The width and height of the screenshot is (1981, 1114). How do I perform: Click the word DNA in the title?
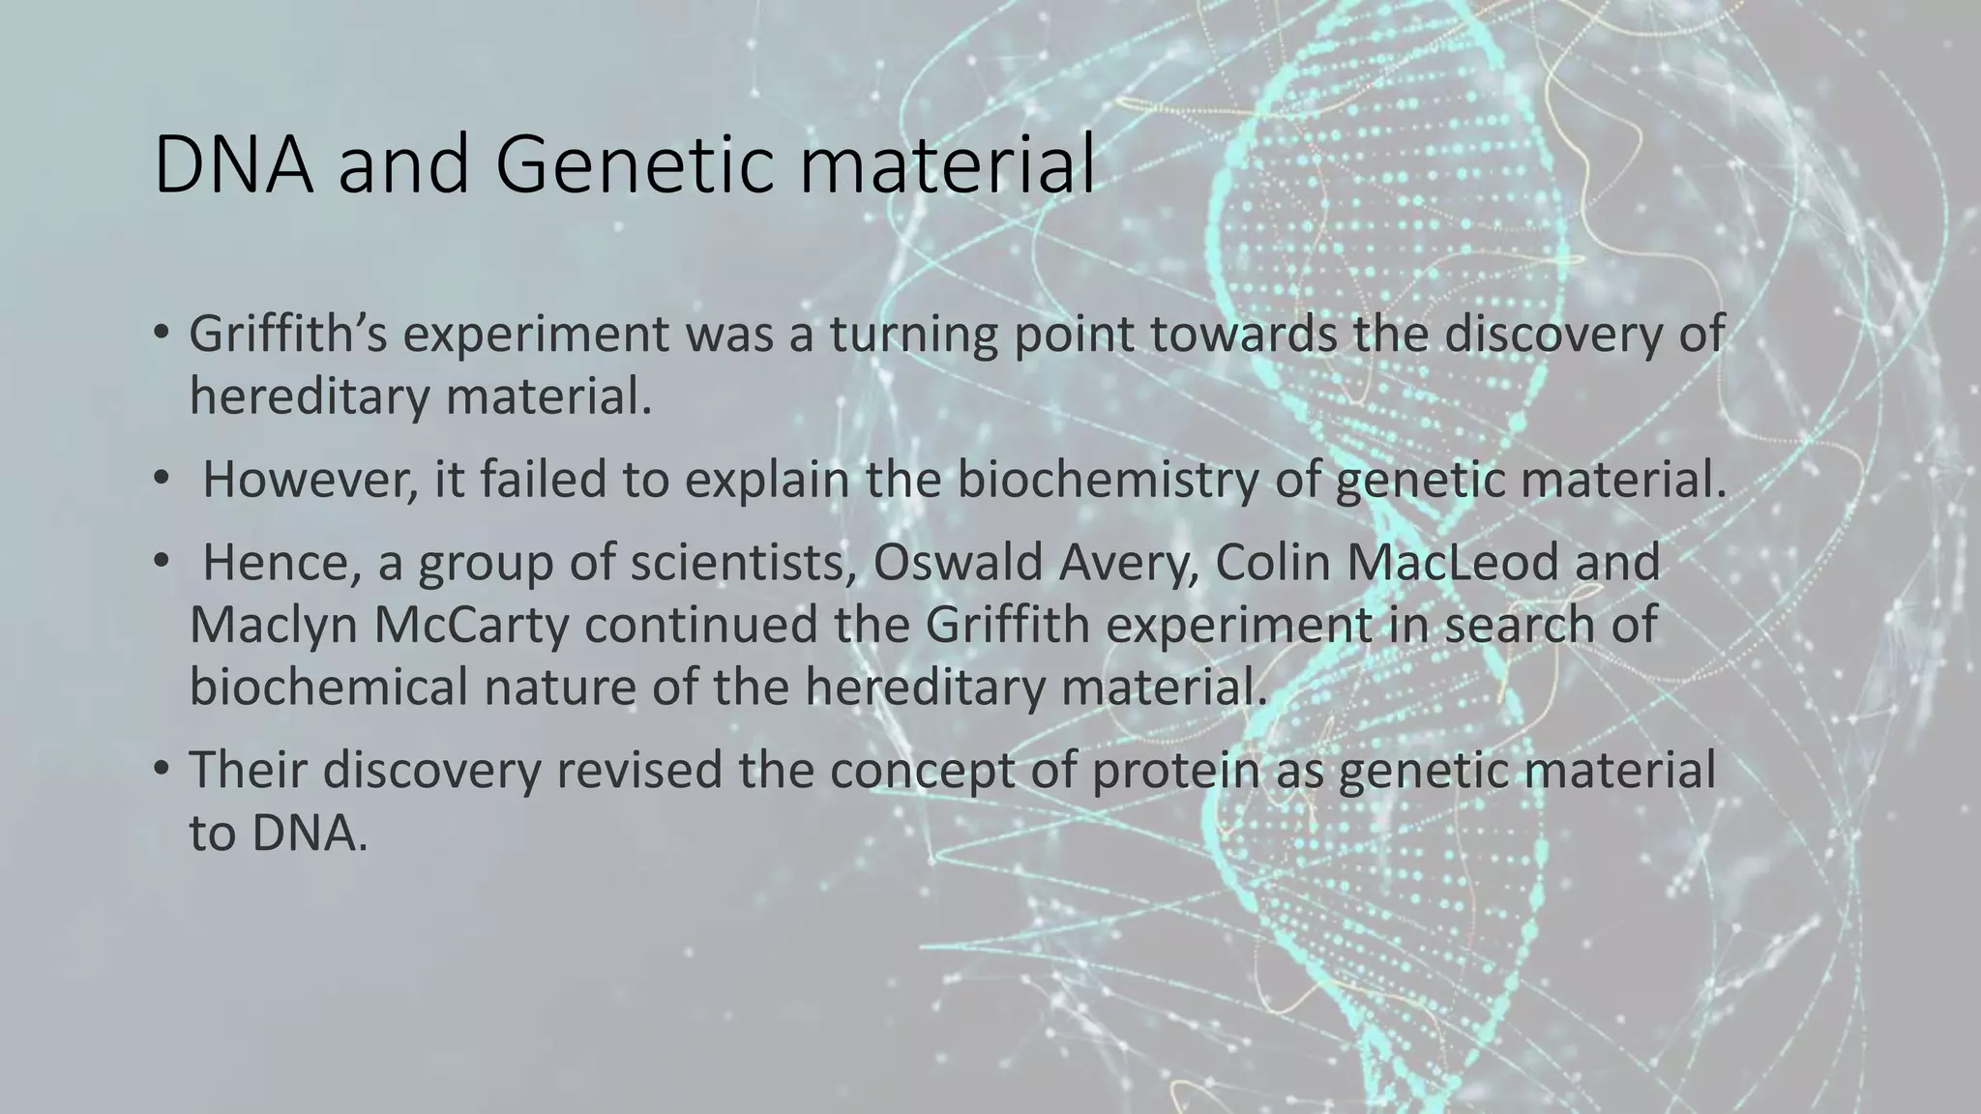[x=232, y=166]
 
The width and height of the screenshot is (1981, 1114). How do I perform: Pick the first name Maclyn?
[x=273, y=626]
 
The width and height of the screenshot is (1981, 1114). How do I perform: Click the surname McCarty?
[x=473, y=626]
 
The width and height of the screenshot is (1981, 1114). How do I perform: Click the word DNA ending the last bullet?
[x=309, y=833]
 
